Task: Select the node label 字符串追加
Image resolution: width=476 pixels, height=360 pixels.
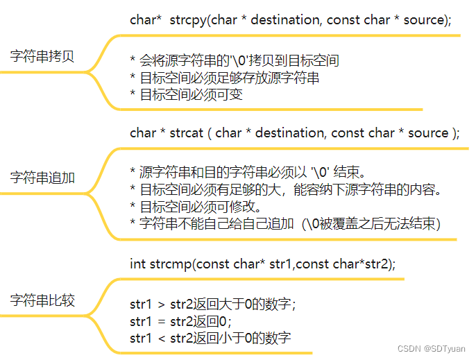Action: click(42, 178)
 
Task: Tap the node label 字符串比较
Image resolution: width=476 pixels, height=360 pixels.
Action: click(42, 300)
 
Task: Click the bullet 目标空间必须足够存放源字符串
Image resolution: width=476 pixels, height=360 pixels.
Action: click(225, 78)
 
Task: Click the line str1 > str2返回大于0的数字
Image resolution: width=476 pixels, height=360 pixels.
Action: click(212, 304)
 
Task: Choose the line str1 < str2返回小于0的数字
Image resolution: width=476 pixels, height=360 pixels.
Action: click(210, 338)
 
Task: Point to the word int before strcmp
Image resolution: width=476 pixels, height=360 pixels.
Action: click(137, 264)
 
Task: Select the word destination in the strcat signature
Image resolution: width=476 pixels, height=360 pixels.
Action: click(290, 132)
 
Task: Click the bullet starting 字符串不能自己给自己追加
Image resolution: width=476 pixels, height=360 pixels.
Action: click(284, 223)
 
